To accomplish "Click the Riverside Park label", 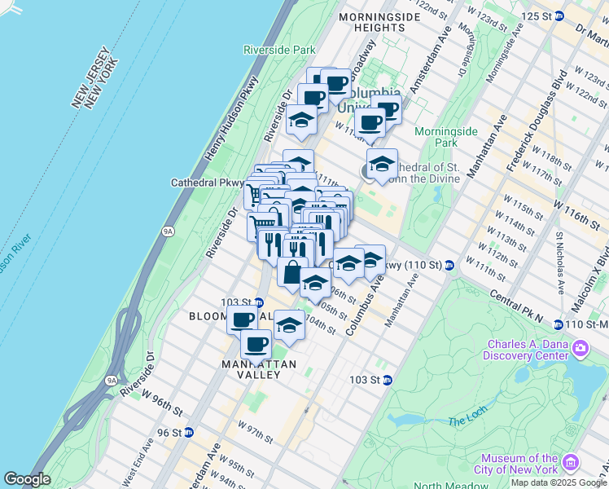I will [279, 50].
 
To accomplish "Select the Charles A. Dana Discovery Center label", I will [525, 350].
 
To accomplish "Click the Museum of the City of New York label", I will [519, 464].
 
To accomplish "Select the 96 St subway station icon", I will [189, 432].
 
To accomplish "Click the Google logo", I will [27, 479].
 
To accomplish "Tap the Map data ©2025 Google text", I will [559, 482].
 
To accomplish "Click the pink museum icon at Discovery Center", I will [581, 350].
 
